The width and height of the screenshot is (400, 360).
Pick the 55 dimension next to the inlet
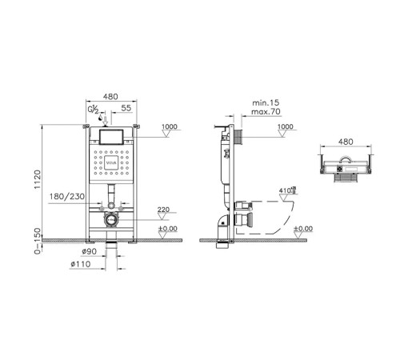click(x=126, y=107)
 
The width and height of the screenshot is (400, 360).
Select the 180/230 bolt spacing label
click(x=68, y=196)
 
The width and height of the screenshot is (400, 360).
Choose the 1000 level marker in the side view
click(x=285, y=127)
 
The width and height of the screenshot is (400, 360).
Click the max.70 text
click(x=267, y=114)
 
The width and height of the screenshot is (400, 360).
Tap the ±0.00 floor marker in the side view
click(x=302, y=230)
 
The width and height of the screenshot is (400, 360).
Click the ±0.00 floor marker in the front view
click(x=167, y=230)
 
